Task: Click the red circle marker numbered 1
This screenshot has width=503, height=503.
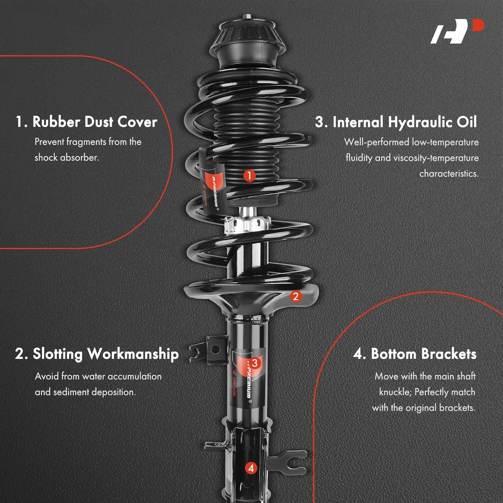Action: tap(249, 175)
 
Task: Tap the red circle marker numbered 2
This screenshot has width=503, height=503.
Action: tap(295, 296)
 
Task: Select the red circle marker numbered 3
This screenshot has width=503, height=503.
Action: tap(255, 363)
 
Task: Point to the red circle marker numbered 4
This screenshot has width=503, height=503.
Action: tap(251, 468)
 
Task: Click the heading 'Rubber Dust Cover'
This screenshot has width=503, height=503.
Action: tap(95, 122)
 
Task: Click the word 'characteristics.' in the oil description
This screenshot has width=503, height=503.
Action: tap(449, 173)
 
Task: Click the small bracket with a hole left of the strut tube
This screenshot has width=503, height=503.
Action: tap(215, 350)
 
